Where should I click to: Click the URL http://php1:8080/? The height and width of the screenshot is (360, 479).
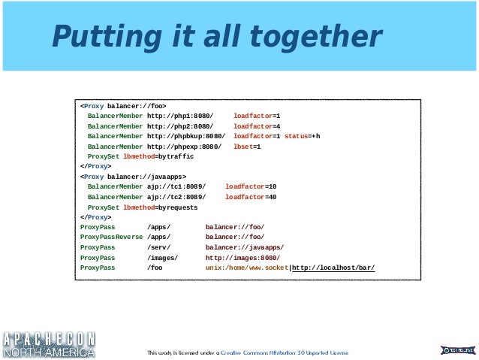point(180,116)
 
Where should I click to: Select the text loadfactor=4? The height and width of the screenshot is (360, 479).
point(257,126)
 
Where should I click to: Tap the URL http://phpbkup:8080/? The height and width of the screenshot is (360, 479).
point(186,137)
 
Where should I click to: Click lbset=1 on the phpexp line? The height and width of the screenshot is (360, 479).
point(247,147)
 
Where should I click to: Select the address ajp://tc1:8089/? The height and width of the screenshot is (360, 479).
point(176,187)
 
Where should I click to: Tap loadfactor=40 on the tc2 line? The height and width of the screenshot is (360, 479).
point(251,197)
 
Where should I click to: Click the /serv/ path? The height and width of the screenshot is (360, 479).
point(159,247)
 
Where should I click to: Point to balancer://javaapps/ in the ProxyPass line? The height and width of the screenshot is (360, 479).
point(245,247)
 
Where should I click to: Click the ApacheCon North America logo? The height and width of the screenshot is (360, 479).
point(49,345)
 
